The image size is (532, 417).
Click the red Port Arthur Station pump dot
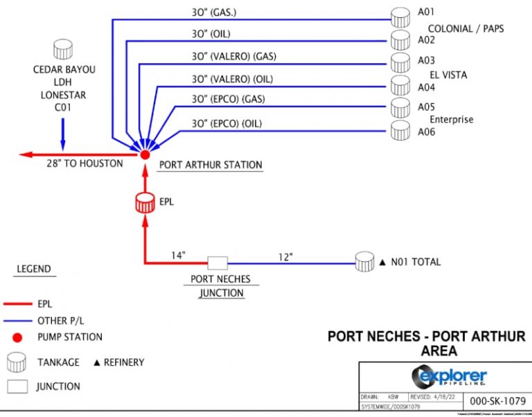pos(145,155)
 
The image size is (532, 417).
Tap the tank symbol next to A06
pos(400,130)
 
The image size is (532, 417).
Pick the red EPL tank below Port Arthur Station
pos(145,203)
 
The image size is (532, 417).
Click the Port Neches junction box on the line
pos(218,263)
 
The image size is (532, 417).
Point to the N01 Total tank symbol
pos(364,262)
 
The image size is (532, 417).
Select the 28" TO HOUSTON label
pos(85,163)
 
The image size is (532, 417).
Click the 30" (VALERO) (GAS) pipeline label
pos(229,56)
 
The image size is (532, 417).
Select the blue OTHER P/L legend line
pos(18,321)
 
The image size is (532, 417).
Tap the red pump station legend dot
pos(18,337)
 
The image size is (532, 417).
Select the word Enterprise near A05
pos(452,119)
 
